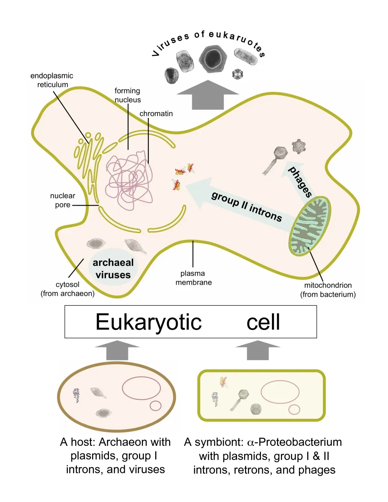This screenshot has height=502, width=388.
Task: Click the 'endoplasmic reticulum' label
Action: pyautogui.click(x=52, y=80)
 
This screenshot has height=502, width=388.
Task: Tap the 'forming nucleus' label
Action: pyautogui.click(x=127, y=95)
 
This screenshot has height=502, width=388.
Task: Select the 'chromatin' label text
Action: pyautogui.click(x=156, y=114)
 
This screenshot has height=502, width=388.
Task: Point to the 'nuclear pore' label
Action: pyautogui.click(x=62, y=200)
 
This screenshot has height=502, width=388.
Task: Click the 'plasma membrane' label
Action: pyautogui.click(x=193, y=278)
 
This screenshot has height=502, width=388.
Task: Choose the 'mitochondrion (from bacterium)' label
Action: pyautogui.click(x=328, y=290)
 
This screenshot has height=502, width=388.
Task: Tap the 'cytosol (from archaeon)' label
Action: pyautogui.click(x=67, y=289)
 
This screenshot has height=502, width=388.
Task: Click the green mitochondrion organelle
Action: pyautogui.click(x=309, y=226)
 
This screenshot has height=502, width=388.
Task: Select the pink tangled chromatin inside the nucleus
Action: pyautogui.click(x=129, y=181)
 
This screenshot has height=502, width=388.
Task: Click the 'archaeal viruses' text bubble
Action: pyautogui.click(x=113, y=268)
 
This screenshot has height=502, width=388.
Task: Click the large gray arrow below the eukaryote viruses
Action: pyautogui.click(x=208, y=95)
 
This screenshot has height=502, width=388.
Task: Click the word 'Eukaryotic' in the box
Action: pyautogui.click(x=148, y=322)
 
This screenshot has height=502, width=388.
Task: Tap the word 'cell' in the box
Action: pyautogui.click(x=263, y=322)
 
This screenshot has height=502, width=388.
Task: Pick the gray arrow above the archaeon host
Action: pyautogui.click(x=117, y=350)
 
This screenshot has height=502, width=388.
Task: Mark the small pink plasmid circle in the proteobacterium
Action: pyautogui.click(x=294, y=410)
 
